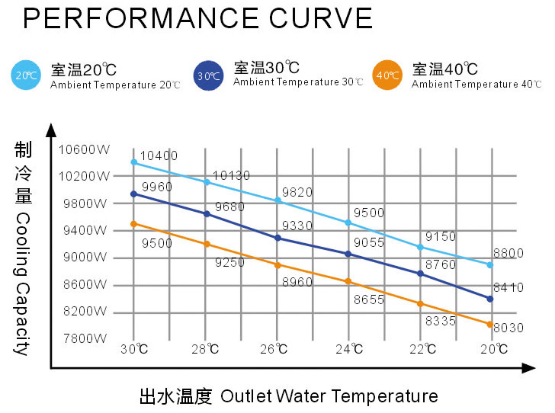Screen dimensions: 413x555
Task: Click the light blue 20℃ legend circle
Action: click(x=26, y=75)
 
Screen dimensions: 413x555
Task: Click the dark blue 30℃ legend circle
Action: click(x=207, y=75)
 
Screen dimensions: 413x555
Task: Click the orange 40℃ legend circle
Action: click(x=387, y=75)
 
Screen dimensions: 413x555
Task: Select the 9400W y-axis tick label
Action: click(x=85, y=230)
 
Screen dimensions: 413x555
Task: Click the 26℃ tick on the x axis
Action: click(x=277, y=349)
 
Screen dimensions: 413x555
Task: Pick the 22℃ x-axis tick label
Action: click(x=422, y=349)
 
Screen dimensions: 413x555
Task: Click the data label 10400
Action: click(x=159, y=156)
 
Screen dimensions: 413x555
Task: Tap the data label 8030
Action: click(x=508, y=328)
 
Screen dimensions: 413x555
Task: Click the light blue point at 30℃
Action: click(x=134, y=162)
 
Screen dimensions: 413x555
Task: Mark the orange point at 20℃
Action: click(x=490, y=324)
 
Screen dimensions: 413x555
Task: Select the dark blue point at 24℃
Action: click(x=348, y=254)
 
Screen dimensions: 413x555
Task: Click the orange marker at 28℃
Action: click(x=206, y=244)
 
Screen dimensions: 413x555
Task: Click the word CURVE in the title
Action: click(x=313, y=18)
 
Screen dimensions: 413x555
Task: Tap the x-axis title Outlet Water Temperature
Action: click(x=329, y=396)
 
